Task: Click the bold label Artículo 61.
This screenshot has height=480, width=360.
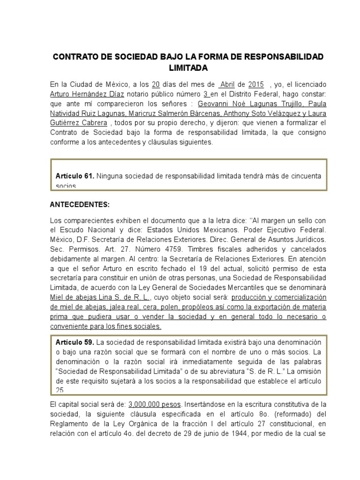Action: click(75, 176)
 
